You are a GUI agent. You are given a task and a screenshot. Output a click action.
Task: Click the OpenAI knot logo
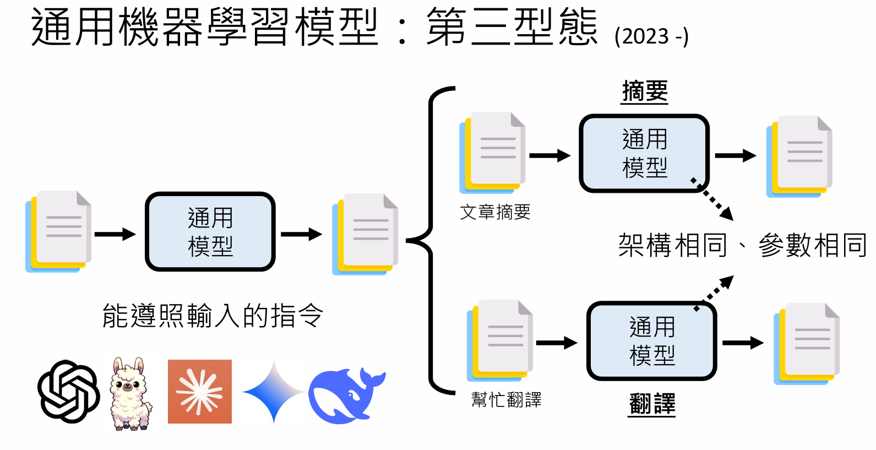click(69, 392)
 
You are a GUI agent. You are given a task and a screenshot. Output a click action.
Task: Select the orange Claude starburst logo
click(200, 392)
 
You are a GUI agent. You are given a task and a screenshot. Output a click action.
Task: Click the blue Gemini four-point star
click(274, 392)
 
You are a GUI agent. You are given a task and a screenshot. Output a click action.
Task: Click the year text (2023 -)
click(651, 36)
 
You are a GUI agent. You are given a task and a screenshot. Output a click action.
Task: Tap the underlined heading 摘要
click(645, 91)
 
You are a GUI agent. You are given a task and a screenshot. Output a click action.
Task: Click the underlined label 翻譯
click(652, 404)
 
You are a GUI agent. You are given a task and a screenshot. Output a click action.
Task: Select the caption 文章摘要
click(495, 212)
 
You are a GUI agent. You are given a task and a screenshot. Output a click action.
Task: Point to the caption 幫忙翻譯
click(506, 400)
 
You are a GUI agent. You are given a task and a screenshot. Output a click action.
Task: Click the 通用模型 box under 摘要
click(644, 153)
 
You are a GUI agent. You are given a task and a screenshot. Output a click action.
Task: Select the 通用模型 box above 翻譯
click(651, 341)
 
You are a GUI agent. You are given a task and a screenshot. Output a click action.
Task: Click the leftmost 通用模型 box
click(210, 232)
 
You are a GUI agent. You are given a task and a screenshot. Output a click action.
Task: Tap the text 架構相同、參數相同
click(742, 245)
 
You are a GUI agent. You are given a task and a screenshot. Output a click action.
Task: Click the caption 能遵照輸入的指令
click(213, 316)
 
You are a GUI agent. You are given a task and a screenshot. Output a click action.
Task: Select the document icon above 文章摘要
click(493, 152)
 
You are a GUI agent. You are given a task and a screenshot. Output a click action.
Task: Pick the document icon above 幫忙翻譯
click(500, 340)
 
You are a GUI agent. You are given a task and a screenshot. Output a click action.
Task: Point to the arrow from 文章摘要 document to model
click(549, 156)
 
